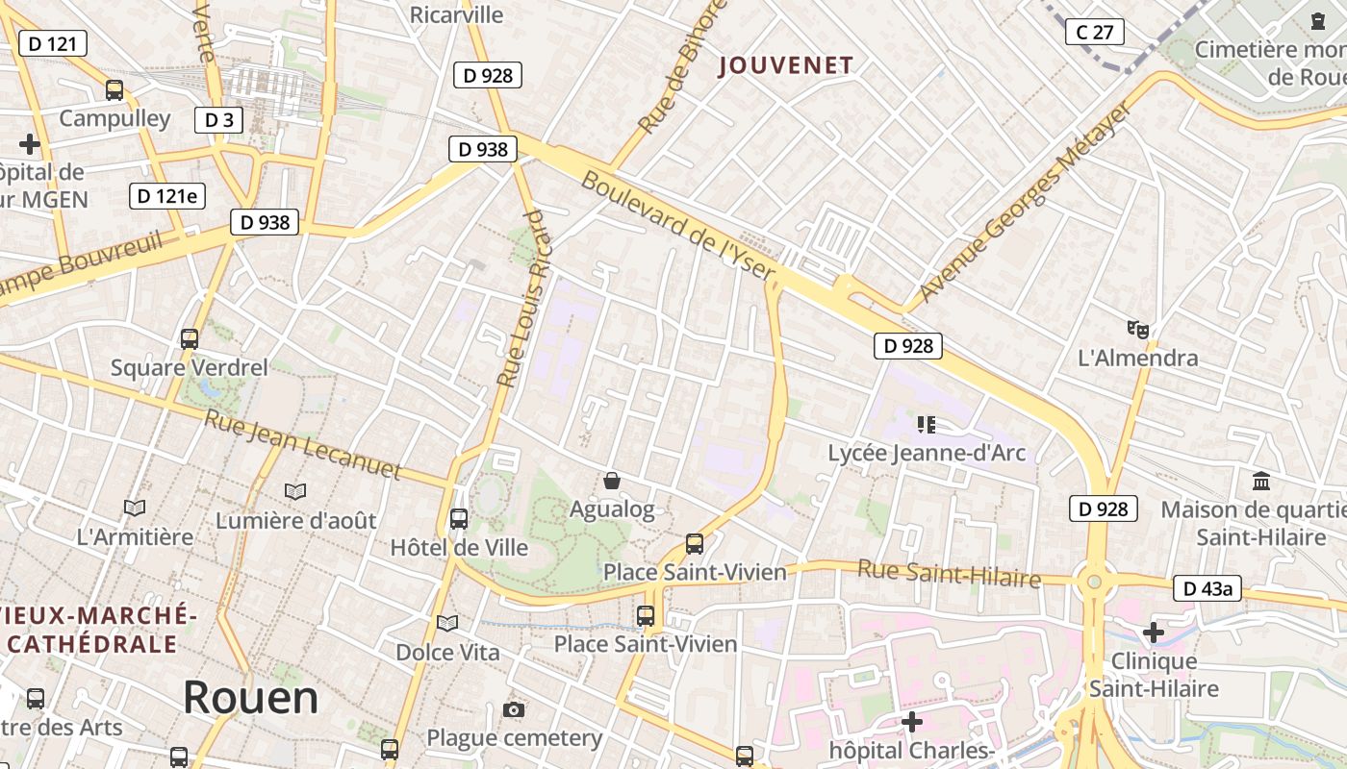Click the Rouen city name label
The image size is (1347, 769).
click(250, 697)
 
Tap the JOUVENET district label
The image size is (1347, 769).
click(786, 65)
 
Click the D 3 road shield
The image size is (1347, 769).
click(218, 120)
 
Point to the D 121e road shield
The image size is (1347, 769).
click(166, 196)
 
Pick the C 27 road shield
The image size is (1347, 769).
click(1095, 32)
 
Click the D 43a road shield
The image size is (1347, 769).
click(1207, 588)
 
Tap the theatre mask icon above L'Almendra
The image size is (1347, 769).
click(1138, 330)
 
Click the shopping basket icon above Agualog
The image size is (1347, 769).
click(611, 481)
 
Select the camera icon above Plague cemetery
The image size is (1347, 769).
click(514, 710)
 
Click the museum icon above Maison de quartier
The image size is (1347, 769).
click(1260, 481)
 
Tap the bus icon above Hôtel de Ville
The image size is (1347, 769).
click(459, 519)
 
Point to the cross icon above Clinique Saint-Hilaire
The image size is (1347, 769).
click(1153, 633)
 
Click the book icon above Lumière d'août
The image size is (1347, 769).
click(295, 491)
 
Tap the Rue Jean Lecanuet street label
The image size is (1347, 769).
click(302, 444)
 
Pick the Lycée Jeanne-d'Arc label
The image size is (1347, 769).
click(927, 453)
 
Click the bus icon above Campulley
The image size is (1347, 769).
click(114, 90)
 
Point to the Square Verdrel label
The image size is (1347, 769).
click(190, 367)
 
